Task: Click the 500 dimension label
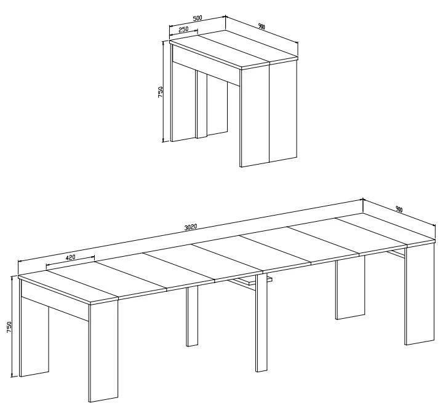tap(198, 18)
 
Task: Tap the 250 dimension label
tap(183, 29)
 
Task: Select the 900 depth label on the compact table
tap(262, 26)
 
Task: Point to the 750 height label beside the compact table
tap(160, 92)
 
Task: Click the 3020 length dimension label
tap(191, 227)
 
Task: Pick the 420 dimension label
tap(70, 257)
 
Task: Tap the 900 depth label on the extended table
tap(399, 209)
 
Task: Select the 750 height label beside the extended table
tap(9, 327)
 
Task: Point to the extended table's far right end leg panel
tap(420, 294)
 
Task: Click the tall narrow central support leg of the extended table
tap(261, 322)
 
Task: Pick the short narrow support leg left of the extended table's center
tap(192, 316)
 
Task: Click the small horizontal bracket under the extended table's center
tap(251, 280)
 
